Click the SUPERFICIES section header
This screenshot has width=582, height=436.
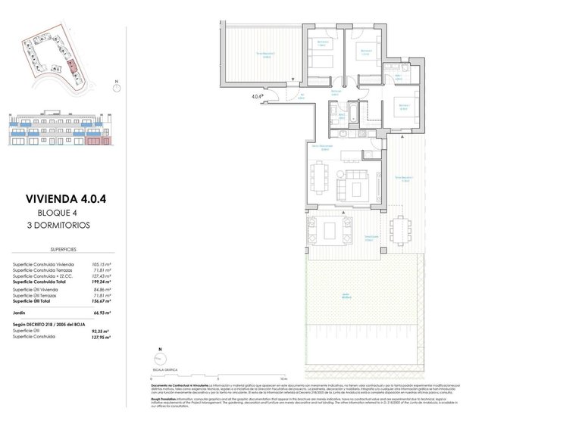pos(62,247)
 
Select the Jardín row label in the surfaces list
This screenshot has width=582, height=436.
pos(20,311)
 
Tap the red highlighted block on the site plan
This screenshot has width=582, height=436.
pos(72,67)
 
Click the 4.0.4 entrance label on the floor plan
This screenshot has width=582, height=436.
pos(257,97)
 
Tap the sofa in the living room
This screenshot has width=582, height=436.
pos(358,182)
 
